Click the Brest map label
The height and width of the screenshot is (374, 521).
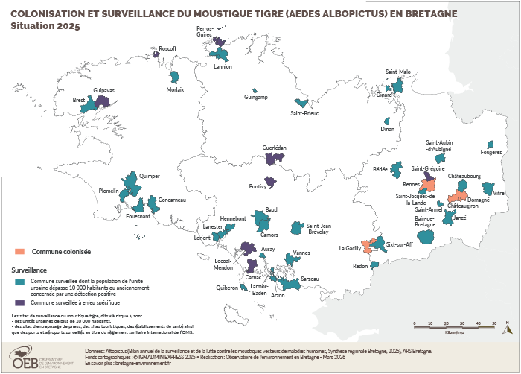78,100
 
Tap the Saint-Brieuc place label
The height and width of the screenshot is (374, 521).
304,113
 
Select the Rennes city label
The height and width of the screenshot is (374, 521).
411,184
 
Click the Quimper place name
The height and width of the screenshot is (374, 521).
150,176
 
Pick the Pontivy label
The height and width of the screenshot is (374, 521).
258,186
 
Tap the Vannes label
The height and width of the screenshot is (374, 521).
301,253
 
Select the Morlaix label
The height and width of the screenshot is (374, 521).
176,89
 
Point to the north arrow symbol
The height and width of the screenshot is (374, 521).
506,327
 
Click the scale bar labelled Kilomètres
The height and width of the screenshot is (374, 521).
454,326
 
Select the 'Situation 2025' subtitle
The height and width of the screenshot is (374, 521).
43,26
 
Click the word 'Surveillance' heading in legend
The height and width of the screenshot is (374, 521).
29,270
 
